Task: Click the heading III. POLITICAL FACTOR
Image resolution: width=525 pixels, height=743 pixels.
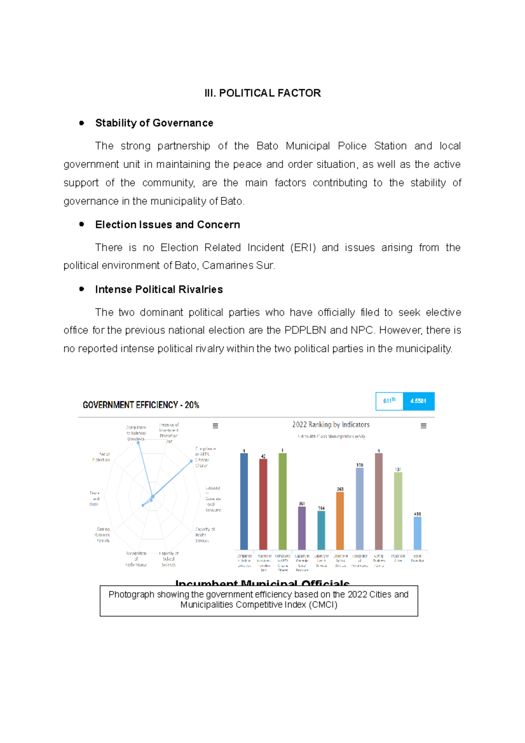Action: click(262, 93)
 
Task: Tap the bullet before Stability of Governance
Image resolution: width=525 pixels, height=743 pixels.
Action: click(82, 123)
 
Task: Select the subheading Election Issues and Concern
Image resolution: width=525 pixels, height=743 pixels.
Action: click(168, 224)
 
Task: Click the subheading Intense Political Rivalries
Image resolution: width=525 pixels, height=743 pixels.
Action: click(159, 289)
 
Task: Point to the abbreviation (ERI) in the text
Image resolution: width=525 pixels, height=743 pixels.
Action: click(303, 248)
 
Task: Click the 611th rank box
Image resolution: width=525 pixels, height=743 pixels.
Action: click(389, 401)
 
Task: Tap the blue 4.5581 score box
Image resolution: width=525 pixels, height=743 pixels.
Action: click(418, 401)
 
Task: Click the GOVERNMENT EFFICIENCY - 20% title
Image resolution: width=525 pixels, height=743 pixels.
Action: click(141, 405)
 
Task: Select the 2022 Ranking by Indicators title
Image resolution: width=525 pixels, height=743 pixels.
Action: click(331, 424)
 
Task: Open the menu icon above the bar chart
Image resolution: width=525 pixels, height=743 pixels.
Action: click(423, 426)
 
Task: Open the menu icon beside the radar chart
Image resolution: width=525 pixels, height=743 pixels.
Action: click(215, 426)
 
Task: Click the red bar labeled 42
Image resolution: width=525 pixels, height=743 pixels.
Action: click(263, 503)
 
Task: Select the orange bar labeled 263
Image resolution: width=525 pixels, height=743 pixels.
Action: click(340, 521)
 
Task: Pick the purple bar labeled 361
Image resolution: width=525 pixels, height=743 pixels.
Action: click(302, 527)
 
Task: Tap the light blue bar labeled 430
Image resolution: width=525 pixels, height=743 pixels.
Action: click(417, 533)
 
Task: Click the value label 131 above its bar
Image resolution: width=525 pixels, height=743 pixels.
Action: click(398, 470)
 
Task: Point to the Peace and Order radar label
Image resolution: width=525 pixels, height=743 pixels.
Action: click(94, 498)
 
